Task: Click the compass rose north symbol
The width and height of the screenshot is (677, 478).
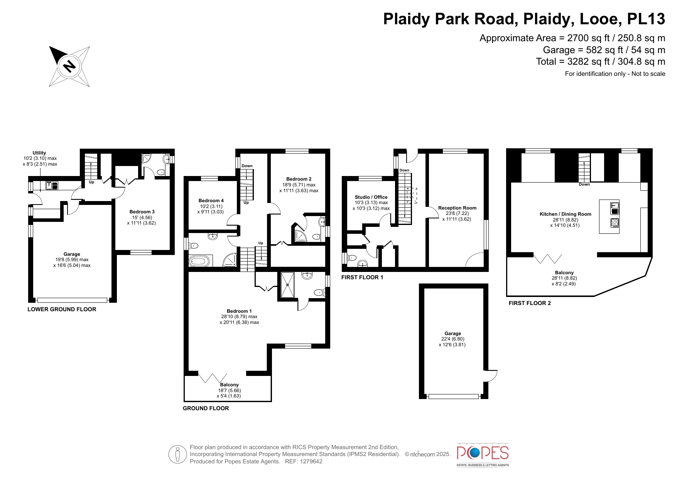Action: pos(69,66)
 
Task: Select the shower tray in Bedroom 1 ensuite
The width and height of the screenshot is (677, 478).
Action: pos(287,285)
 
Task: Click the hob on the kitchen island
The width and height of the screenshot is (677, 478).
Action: pos(615,223)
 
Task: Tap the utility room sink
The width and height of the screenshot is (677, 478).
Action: pos(52,185)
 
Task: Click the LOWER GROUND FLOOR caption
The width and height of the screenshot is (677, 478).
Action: pos(62,309)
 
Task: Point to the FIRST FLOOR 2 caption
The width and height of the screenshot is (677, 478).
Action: pos(530,303)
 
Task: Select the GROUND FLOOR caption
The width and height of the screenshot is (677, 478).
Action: pos(206,408)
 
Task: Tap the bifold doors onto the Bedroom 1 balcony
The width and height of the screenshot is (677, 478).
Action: pos(213,377)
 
